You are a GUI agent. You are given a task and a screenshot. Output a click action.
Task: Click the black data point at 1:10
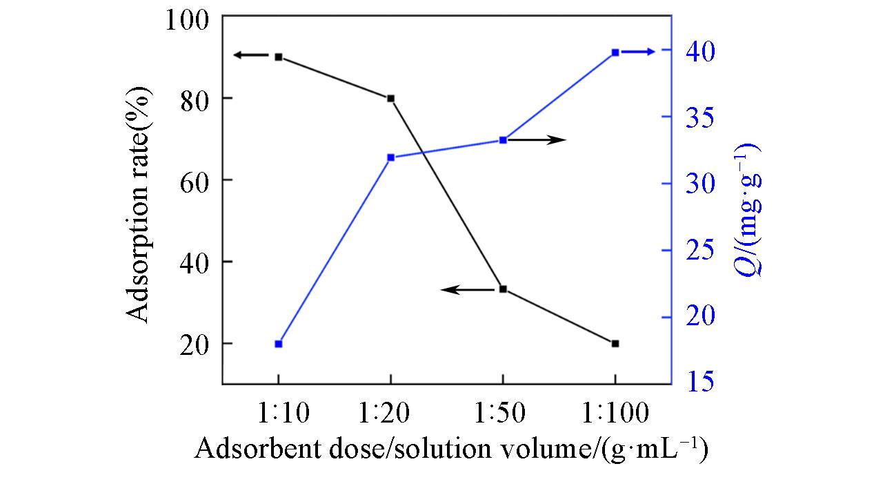[279, 57]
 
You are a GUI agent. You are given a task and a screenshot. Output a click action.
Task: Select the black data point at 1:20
[390, 99]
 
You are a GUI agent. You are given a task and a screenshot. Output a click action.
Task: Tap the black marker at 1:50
[503, 289]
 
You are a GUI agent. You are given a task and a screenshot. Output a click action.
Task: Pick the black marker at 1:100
[615, 344]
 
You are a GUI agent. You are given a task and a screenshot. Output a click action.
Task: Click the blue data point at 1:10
[279, 344]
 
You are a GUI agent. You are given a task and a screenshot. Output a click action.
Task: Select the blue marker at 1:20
[390, 157]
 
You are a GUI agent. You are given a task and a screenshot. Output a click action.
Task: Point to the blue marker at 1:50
[503, 140]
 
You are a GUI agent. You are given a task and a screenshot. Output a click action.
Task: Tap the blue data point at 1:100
[615, 52]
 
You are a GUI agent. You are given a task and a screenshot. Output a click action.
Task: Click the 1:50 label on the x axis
[501, 414]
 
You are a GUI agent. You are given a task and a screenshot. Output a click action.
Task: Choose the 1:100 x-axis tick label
[615, 414]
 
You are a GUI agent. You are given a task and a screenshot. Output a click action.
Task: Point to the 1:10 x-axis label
[279, 414]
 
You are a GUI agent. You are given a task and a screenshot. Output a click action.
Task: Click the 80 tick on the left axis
[196, 99]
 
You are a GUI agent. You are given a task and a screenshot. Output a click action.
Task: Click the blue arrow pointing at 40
[641, 52]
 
